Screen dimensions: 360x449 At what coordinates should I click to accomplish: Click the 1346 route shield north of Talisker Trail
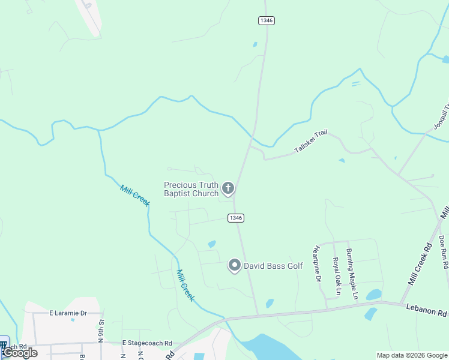(267, 20)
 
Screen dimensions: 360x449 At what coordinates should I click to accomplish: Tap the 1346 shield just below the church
(236, 218)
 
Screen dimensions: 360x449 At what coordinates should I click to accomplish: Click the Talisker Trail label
(310, 141)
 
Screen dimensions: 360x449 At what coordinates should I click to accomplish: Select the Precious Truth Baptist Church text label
(191, 189)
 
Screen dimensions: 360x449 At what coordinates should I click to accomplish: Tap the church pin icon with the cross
(228, 189)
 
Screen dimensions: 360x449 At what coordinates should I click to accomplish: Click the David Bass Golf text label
(269, 265)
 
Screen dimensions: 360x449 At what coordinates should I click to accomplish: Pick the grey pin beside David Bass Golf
(235, 265)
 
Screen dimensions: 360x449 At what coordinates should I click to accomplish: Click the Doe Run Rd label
(444, 251)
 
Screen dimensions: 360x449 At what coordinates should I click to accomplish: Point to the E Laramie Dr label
(68, 313)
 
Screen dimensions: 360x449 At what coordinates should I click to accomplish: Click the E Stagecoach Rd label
(147, 343)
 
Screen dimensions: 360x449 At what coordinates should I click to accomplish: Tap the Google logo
(20, 353)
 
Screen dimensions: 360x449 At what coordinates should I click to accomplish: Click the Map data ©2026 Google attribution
(412, 355)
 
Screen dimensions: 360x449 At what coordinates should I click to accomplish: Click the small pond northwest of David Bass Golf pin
(211, 244)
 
